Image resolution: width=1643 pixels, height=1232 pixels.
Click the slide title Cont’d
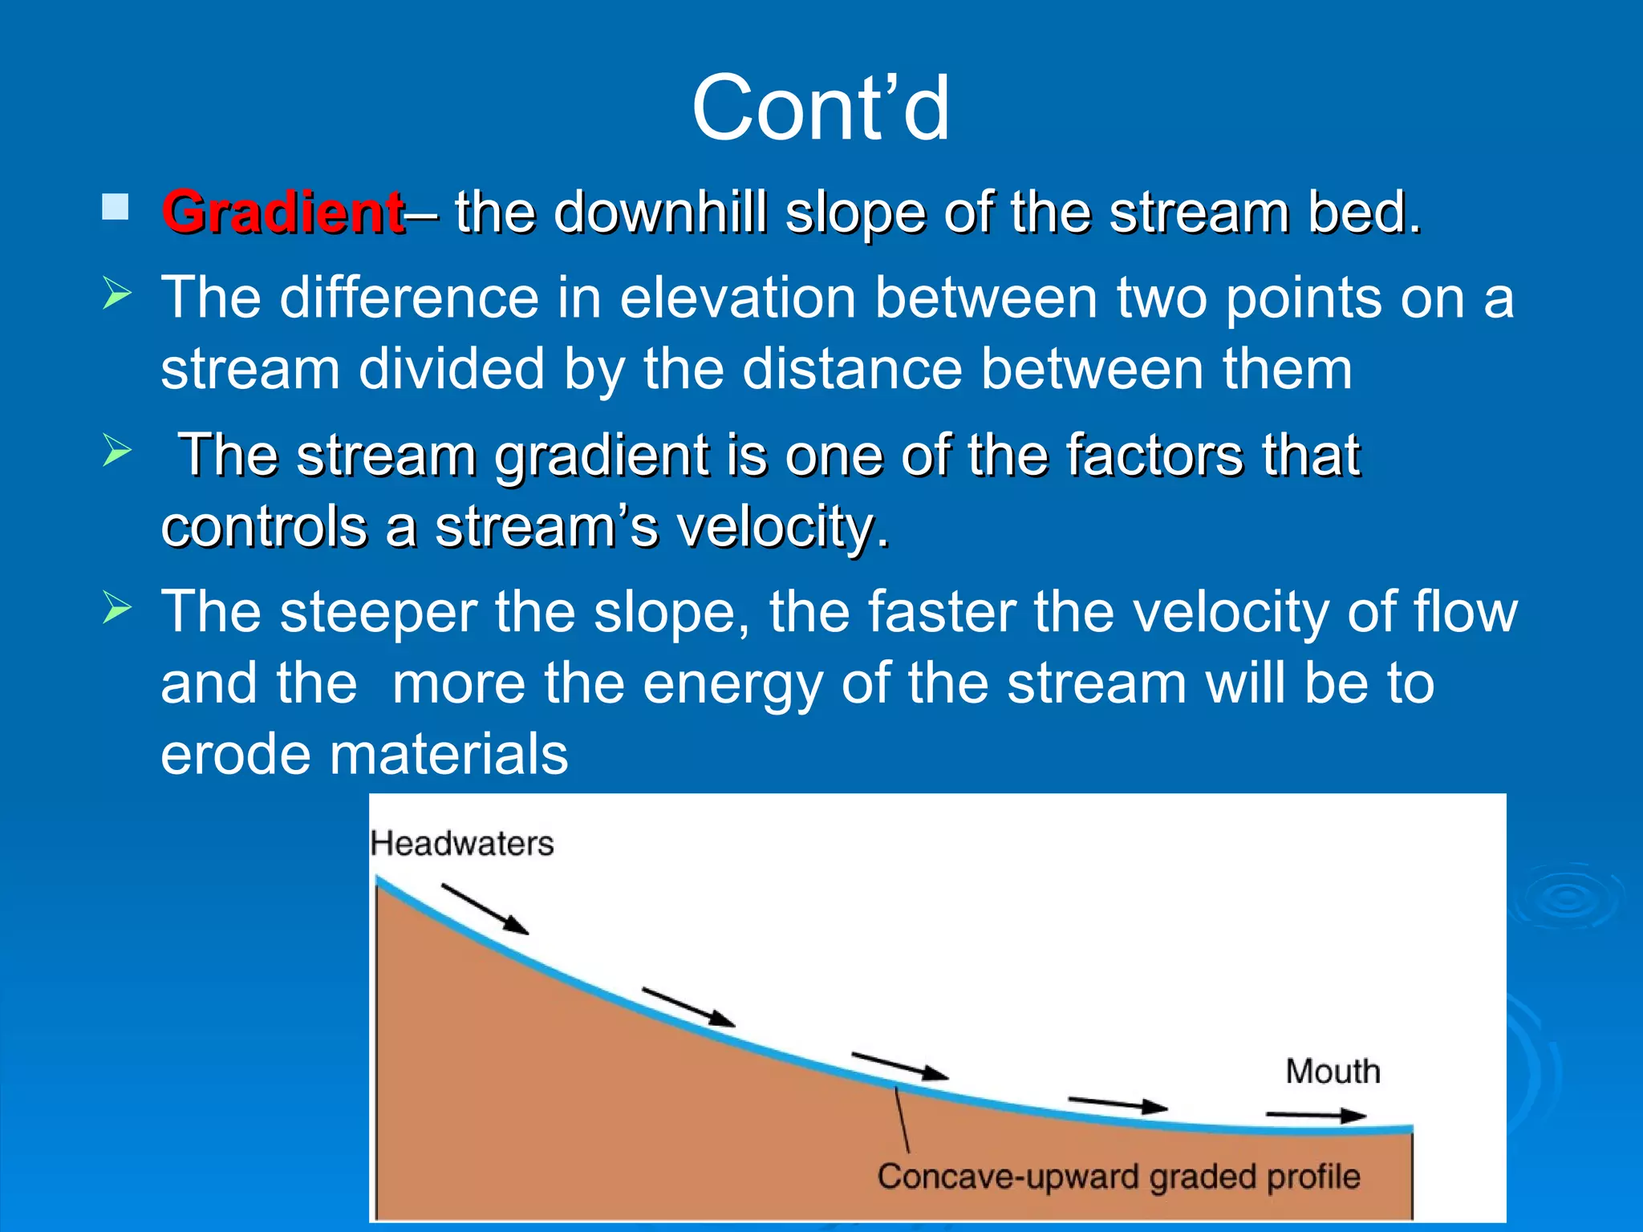[821, 108]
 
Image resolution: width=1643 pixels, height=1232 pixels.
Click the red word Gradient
[283, 213]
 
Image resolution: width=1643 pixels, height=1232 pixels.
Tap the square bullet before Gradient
[116, 207]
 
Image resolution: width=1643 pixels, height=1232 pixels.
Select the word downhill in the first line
[660, 213]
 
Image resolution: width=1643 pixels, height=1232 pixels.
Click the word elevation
[737, 298]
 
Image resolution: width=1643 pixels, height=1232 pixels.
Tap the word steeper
[379, 612]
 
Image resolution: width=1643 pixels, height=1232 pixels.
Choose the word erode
[235, 755]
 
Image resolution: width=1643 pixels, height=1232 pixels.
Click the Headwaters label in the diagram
[462, 844]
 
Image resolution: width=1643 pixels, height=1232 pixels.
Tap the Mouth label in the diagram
[1333, 1072]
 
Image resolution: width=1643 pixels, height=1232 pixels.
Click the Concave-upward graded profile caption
[1118, 1177]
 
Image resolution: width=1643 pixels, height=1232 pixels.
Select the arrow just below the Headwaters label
[485, 910]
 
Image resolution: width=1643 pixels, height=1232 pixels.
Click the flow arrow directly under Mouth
[1316, 1115]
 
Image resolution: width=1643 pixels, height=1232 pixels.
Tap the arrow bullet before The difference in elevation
[117, 295]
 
